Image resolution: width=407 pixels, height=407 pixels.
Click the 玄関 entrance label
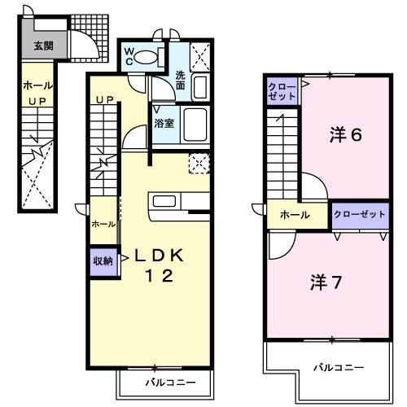[x=43, y=46]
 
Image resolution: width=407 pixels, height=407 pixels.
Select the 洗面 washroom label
[x=181, y=80]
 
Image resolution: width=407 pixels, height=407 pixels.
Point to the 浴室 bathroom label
[x=164, y=124]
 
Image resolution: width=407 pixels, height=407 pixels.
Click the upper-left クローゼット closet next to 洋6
[x=282, y=91]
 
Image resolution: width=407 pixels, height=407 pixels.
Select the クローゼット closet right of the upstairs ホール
[x=359, y=214]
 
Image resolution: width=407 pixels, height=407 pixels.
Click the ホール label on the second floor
[x=294, y=215]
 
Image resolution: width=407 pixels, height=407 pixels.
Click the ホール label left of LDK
[x=103, y=224]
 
